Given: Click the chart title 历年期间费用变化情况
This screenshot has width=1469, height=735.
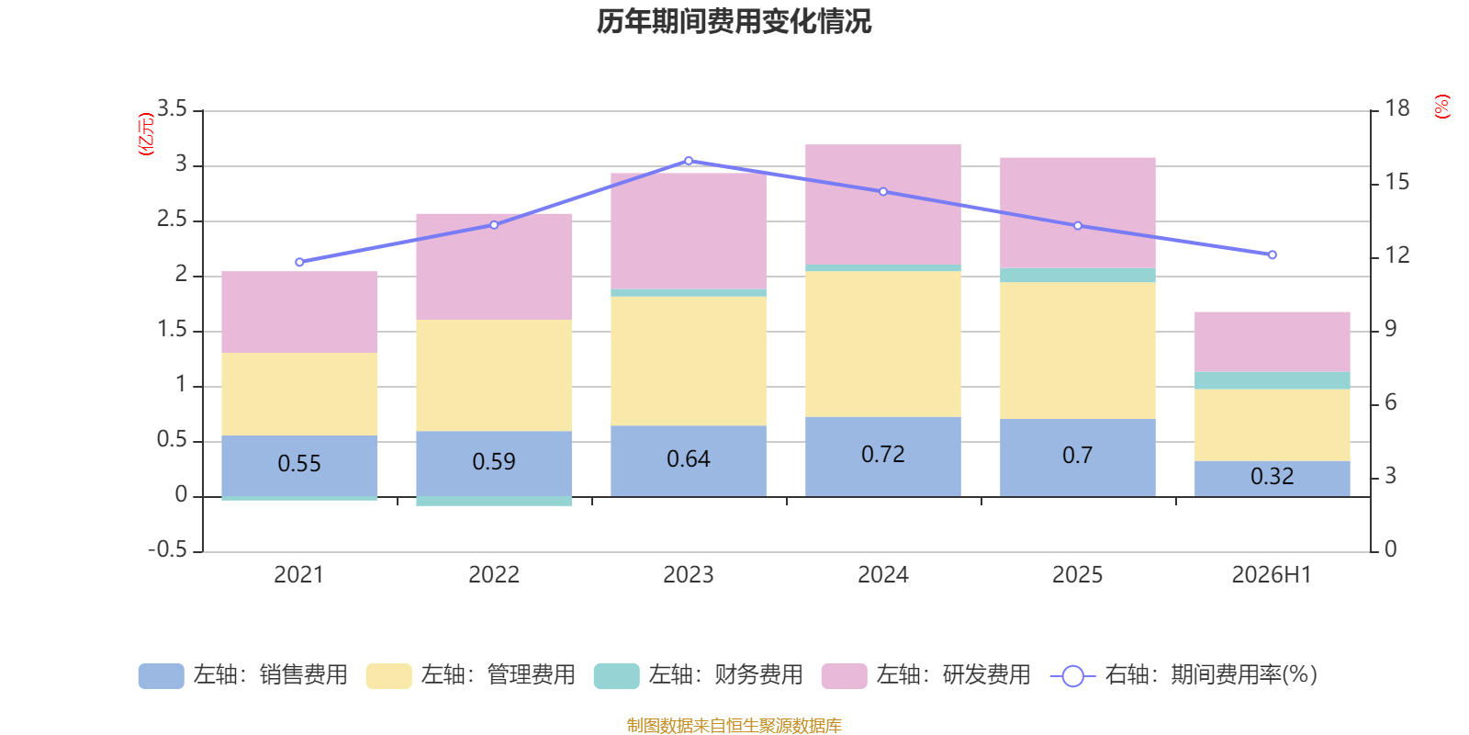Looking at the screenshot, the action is [x=734, y=22].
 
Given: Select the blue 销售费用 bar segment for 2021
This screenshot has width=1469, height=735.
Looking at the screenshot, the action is [x=299, y=465].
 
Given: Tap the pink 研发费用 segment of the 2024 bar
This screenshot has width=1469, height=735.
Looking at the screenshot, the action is [x=883, y=204].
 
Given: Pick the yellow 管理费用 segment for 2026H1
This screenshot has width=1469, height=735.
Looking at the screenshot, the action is [x=1273, y=425].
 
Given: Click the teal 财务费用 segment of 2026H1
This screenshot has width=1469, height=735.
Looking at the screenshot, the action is [x=1273, y=380].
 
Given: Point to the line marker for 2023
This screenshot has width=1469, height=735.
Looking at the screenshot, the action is [x=689, y=161].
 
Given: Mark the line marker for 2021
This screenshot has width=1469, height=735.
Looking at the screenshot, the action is [x=299, y=262].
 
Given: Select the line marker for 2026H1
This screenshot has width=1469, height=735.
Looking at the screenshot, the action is [x=1273, y=254].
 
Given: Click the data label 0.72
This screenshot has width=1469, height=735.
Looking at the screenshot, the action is [x=882, y=454].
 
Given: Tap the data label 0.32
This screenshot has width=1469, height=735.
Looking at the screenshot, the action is [x=1273, y=476].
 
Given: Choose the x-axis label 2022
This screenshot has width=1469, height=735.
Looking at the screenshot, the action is [x=494, y=575].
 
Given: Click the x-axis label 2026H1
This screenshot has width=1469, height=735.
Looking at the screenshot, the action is [x=1272, y=575].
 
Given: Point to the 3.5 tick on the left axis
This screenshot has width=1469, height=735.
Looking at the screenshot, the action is [x=173, y=108].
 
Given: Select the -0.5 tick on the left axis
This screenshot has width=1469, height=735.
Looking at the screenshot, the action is [x=168, y=549].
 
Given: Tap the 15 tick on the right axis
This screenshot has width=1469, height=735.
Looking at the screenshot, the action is [x=1397, y=182].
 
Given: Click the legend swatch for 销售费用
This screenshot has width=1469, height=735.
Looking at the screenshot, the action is [x=162, y=676].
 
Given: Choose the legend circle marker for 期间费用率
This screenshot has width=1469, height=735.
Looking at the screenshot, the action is [x=1073, y=676].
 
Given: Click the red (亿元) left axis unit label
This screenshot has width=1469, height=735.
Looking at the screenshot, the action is [x=146, y=134].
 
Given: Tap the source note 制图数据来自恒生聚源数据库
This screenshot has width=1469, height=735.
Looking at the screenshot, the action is [x=734, y=725].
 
